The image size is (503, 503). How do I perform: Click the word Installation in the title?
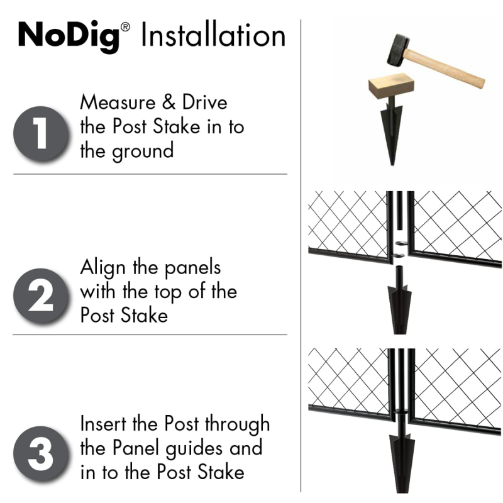(213, 36)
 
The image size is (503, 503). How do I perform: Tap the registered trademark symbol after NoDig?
(126, 27)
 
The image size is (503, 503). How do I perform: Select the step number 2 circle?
(41, 296)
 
